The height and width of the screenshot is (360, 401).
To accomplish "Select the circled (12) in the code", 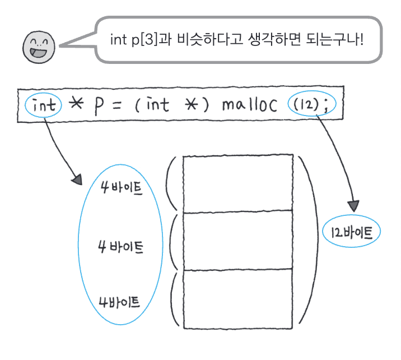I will click(x=304, y=105).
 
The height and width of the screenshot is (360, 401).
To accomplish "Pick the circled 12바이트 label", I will click(x=351, y=232).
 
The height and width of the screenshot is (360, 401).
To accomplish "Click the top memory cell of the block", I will click(x=237, y=183).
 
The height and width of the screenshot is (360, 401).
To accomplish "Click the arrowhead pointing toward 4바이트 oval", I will click(x=77, y=181).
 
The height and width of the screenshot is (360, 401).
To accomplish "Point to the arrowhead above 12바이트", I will click(x=353, y=207).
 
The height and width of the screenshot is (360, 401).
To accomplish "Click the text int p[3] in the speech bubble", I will click(x=135, y=41).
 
